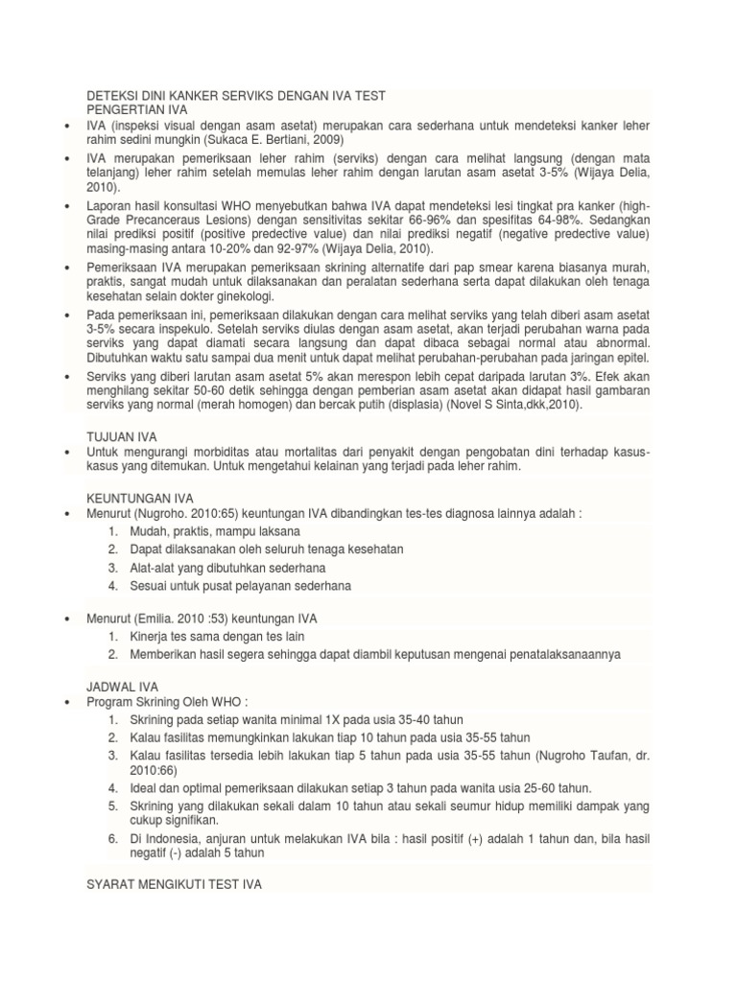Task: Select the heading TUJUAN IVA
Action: pos(118,436)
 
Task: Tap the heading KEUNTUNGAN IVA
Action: pos(140,499)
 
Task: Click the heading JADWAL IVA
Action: pos(123,687)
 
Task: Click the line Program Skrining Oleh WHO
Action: pos(168,702)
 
